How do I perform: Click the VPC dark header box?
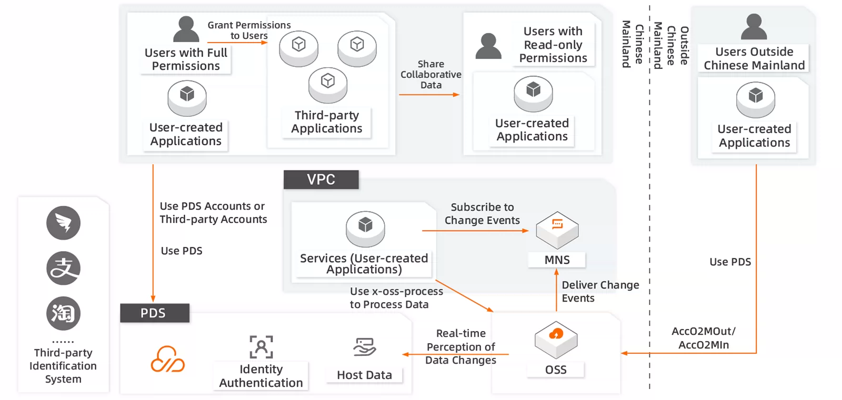321,179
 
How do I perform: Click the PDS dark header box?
154,313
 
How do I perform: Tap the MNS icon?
557,229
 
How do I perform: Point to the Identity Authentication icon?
261,347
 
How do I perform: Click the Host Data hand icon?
364,347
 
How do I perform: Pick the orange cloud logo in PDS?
168,359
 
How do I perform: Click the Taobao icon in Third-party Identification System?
63,314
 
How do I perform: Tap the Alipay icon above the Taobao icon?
63,268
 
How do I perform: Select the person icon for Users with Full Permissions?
186,29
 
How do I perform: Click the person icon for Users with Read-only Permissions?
488,46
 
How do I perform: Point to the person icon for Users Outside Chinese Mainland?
754,27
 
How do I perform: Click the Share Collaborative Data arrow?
429,95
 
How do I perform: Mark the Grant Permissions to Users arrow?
237,43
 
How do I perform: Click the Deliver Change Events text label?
600,292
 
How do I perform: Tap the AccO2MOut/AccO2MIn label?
704,338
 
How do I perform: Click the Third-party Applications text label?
327,122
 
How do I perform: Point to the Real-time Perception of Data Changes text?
460,347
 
